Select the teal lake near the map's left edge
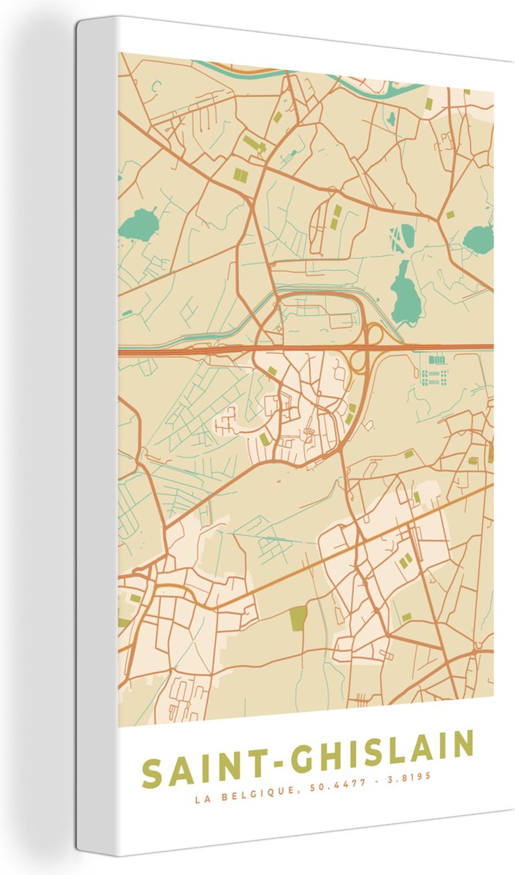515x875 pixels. point(139,224)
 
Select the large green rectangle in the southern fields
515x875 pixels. point(298,618)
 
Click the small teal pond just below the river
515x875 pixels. point(392,117)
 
